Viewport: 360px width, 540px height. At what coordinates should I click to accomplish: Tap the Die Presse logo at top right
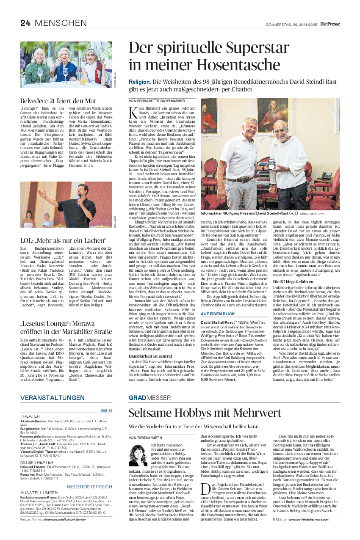tap(330, 24)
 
